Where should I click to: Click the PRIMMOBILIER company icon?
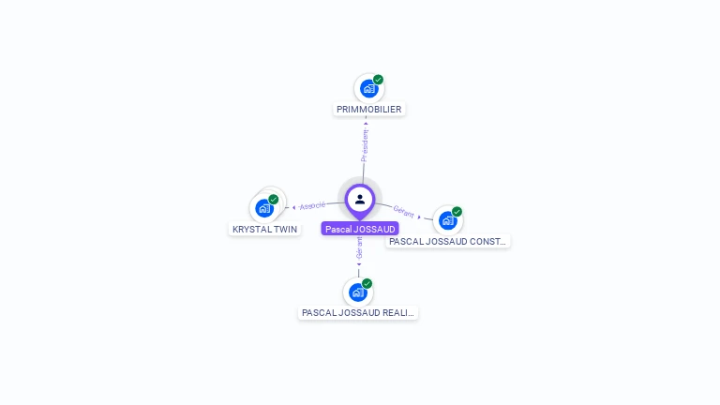(x=368, y=89)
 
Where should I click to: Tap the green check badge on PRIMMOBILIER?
(x=378, y=80)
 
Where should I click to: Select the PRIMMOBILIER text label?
(x=369, y=110)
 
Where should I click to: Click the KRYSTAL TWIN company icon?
(x=264, y=208)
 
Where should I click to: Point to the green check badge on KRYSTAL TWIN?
(x=274, y=199)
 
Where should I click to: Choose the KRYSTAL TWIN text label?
(x=265, y=229)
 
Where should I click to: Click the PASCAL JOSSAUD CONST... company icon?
(x=447, y=220)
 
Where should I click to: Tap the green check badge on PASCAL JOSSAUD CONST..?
(x=457, y=211)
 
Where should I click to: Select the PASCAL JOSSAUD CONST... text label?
(x=448, y=241)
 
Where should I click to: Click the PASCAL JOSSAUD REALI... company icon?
(x=357, y=292)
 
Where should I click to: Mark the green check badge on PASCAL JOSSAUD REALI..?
(x=367, y=283)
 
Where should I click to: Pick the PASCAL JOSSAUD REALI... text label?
(x=358, y=313)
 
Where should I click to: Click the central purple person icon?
(x=360, y=199)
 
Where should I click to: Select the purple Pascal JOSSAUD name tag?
(x=360, y=229)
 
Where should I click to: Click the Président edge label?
(x=365, y=145)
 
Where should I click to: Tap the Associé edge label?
(x=312, y=205)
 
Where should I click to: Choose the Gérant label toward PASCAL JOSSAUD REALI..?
(x=359, y=247)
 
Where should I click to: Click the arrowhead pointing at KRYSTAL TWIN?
(x=293, y=207)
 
